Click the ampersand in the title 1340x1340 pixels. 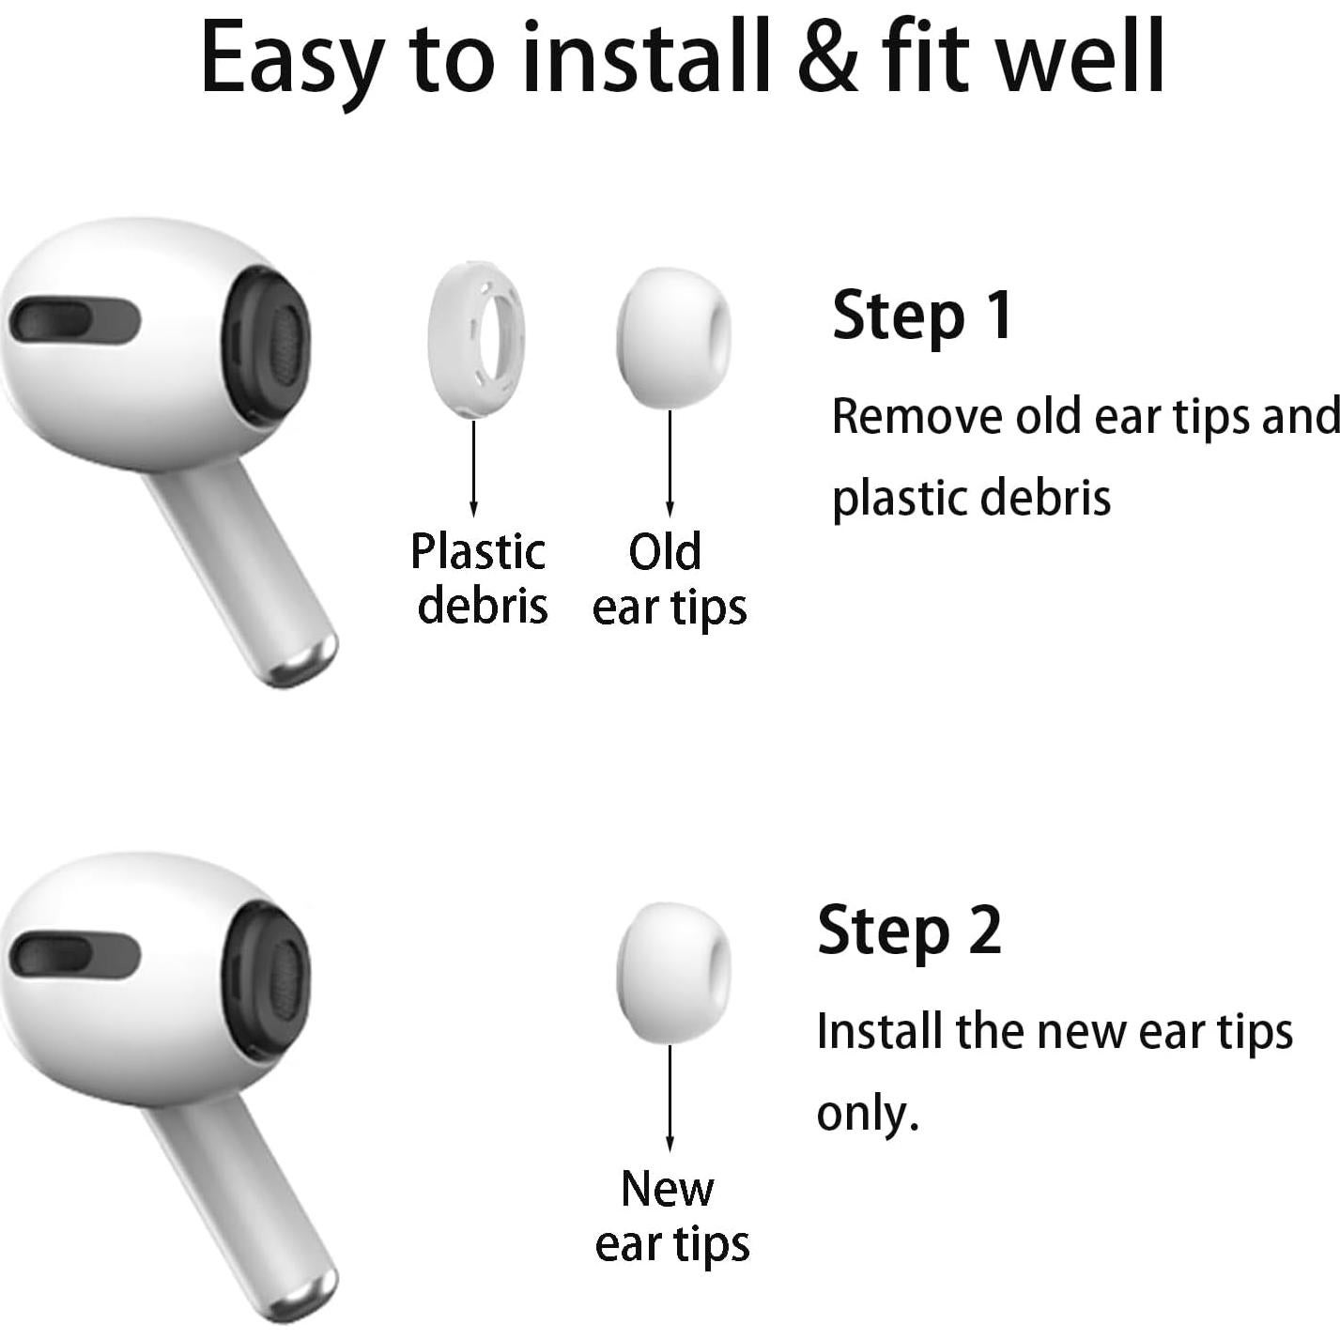click(x=827, y=58)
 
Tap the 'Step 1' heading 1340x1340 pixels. click(x=922, y=316)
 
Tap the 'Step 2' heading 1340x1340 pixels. click(x=909, y=932)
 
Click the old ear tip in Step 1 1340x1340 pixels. click(x=672, y=339)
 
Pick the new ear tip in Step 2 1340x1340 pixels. click(x=672, y=974)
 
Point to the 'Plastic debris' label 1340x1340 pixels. click(x=480, y=578)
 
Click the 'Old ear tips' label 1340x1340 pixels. click(x=669, y=578)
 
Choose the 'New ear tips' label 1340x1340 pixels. click(x=671, y=1216)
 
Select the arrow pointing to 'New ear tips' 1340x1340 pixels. click(x=670, y=1098)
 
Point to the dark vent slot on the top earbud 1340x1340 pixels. click(x=74, y=322)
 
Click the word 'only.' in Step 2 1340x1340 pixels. click(x=867, y=1115)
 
